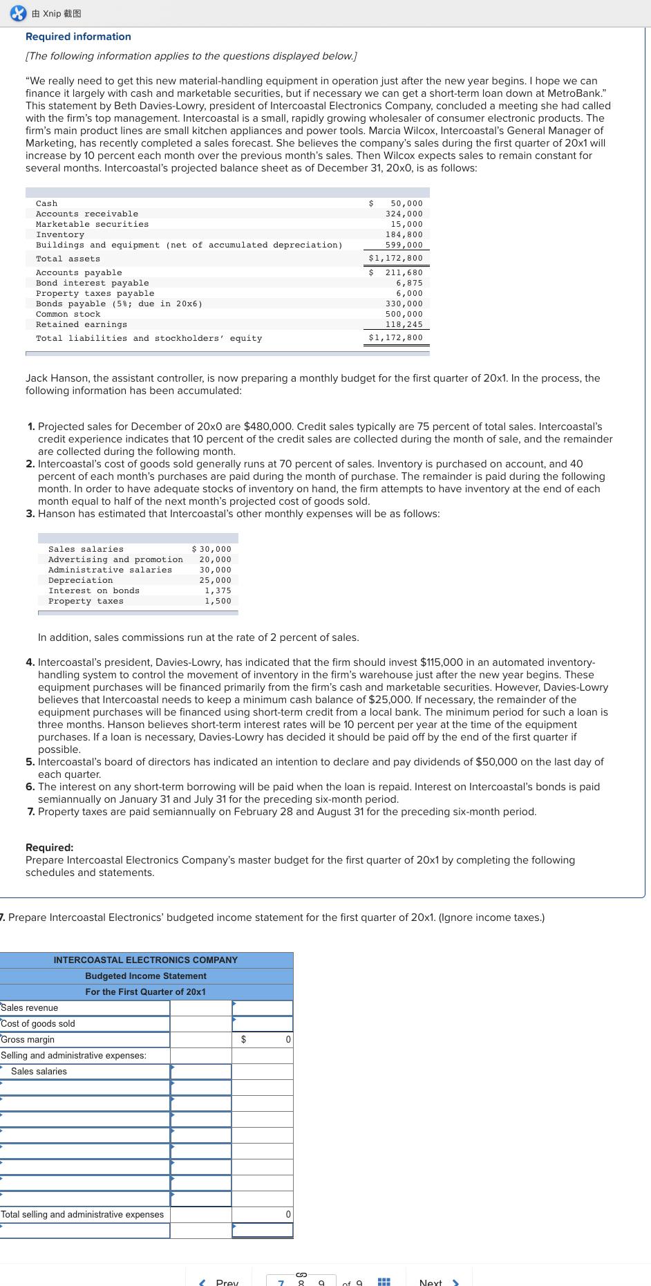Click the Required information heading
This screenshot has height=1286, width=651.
78,37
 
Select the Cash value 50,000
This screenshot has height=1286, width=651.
406,203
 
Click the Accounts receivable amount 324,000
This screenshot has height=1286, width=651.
404,214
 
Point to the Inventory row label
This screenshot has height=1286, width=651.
60,234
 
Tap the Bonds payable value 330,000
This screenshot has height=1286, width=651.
404,304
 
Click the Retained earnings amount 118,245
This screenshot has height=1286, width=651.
404,324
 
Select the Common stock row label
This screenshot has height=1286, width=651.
68,314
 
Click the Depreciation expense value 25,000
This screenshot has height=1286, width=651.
215,580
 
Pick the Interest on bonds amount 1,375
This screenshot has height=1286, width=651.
218,590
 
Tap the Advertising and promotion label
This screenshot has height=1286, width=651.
115,559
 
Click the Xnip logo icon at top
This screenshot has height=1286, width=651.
19,13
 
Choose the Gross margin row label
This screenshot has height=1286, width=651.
28,1040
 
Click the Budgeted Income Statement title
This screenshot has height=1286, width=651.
145,976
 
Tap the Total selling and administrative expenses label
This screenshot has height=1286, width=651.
82,1214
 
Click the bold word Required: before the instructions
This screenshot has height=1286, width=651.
49,848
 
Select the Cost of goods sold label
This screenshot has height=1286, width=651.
38,1024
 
